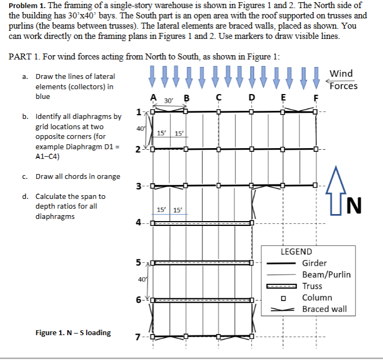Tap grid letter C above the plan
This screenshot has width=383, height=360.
tap(219, 98)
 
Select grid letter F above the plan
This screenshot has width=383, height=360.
tap(317, 98)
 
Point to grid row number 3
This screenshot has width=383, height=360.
tap(139, 186)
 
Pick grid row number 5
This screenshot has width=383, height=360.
tap(139, 263)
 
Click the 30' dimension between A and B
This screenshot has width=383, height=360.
tap(168, 101)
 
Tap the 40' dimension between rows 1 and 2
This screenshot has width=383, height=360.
tap(141, 128)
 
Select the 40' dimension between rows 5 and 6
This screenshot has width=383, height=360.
tap(142, 279)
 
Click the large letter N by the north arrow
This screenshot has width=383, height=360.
tap(352, 205)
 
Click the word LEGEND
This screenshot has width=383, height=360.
tap(296, 251)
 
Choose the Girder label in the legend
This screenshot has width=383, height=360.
tap(314, 263)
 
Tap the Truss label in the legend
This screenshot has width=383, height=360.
tap(312, 286)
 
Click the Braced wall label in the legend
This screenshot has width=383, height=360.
tap(325, 309)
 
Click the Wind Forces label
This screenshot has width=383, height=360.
tap(343, 79)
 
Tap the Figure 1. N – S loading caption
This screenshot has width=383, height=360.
tap(73, 332)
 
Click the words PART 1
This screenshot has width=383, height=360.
tap(24, 58)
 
